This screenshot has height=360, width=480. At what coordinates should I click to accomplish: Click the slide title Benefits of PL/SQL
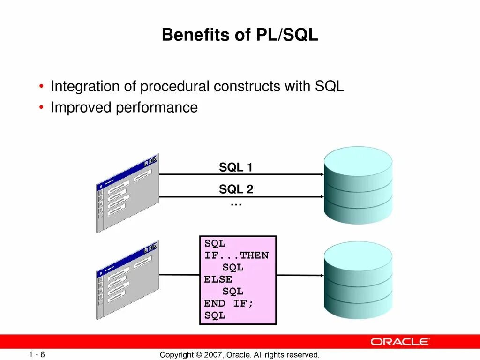click(240, 35)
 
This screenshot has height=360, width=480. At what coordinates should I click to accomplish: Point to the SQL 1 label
click(236, 167)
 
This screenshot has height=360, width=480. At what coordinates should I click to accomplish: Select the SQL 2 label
click(236, 189)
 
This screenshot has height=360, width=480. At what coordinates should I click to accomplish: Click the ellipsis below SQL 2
click(236, 204)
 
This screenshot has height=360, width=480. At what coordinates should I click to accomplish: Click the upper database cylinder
click(358, 185)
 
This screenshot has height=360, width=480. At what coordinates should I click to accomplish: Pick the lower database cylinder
click(358, 281)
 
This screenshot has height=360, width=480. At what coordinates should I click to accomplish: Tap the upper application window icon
click(127, 192)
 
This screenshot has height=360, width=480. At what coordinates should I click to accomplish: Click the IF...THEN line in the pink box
click(236, 255)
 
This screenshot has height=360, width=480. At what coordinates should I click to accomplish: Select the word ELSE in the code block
click(218, 279)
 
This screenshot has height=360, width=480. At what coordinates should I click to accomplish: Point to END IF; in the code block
click(229, 303)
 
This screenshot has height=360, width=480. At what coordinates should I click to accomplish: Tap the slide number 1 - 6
click(36, 354)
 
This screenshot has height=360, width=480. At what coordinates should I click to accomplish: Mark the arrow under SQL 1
click(241, 174)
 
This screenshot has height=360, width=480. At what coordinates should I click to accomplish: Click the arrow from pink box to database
click(300, 275)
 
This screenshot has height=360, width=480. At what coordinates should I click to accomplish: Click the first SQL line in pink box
click(215, 244)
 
